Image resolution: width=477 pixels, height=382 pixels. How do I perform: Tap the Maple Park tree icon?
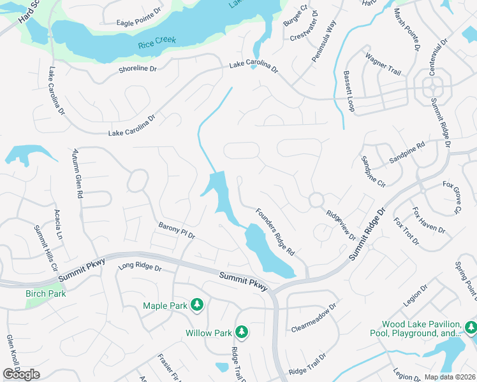click(198, 306)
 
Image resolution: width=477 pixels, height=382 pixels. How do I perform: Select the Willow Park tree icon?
click(242, 332)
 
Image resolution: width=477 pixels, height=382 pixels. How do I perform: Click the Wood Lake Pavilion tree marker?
click(471, 328)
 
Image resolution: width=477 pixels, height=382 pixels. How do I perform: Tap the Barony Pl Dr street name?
click(176, 230)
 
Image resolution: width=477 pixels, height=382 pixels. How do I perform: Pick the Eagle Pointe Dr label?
click(139, 23)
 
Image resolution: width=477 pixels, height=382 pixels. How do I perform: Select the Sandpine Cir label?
click(373, 171)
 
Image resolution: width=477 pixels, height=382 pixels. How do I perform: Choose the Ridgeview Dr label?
click(340, 225)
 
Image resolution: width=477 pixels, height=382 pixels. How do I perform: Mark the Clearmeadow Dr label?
click(313, 318)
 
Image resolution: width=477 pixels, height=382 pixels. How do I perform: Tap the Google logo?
click(21, 374)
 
